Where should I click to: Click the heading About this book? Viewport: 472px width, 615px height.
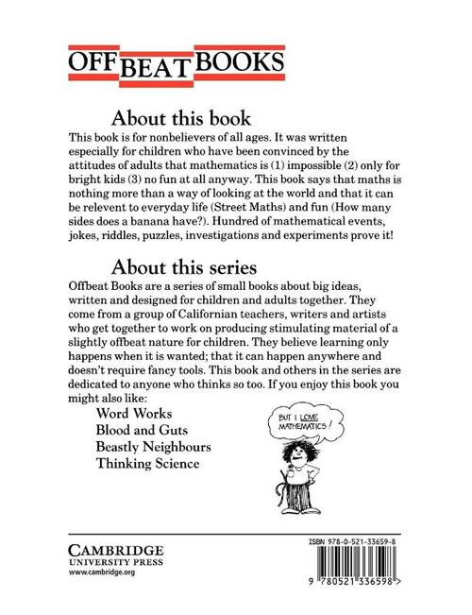point(180,119)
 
